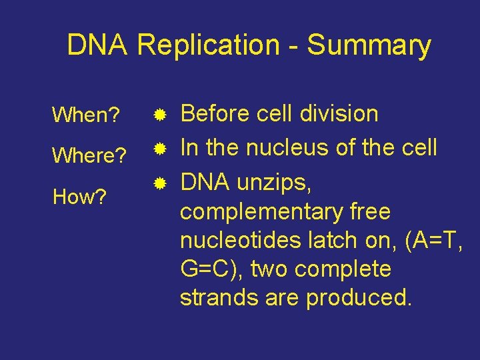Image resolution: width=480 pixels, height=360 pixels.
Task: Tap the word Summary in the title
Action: point(369,45)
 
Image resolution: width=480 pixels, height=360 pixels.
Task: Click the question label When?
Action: point(85,115)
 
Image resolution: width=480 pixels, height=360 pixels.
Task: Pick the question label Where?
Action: point(89,157)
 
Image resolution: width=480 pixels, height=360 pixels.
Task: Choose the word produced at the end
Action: point(359,298)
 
